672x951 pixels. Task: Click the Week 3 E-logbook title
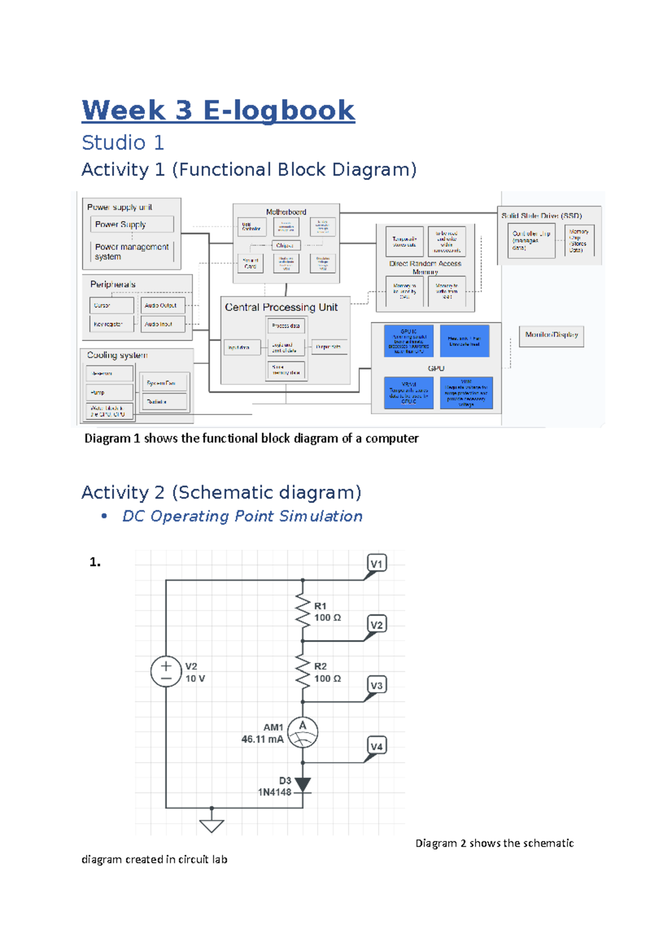pyautogui.click(x=218, y=110)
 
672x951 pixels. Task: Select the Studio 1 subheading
pyautogui.click(x=123, y=143)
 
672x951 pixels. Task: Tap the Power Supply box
pyautogui.click(x=132, y=224)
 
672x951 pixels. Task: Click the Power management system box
pyautogui.click(x=132, y=251)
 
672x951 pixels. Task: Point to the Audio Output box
pyautogui.click(x=162, y=305)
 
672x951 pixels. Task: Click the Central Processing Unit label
pyautogui.click(x=281, y=307)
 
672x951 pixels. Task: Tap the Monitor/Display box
pyautogui.click(x=551, y=335)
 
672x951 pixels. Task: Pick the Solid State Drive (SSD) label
pyautogui.click(x=542, y=216)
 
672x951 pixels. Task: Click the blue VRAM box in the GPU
pyautogui.click(x=409, y=393)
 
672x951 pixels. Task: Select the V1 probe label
pyautogui.click(x=377, y=563)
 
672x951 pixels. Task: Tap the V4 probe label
pyautogui.click(x=377, y=746)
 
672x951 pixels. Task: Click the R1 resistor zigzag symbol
pyautogui.click(x=302, y=611)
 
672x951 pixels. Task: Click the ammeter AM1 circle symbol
pyautogui.click(x=302, y=732)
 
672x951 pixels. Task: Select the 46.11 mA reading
pyautogui.click(x=262, y=739)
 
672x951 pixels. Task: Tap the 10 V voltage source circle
pyautogui.click(x=166, y=672)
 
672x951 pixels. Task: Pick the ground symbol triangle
pyautogui.click(x=212, y=826)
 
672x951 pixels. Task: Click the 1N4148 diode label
pyautogui.click(x=274, y=792)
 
